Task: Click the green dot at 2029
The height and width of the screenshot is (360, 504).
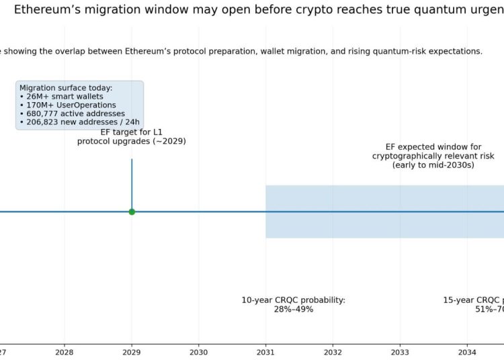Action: coord(132,212)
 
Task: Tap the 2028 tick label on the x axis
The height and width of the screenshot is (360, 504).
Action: coord(65,351)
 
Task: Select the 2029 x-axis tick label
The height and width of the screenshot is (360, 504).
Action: coord(132,351)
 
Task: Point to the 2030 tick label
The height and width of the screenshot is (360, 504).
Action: coord(199,351)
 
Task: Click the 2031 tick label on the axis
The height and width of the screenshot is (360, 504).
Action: coord(266,351)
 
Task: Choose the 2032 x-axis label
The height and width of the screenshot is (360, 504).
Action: coord(333,351)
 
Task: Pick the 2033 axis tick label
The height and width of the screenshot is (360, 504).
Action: coord(401,351)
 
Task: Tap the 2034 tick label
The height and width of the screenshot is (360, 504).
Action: coord(468,351)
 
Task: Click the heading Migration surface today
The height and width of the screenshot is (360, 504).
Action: coord(66,88)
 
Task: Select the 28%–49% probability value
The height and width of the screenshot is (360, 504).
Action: coord(294,310)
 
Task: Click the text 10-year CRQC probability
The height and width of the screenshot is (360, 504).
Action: coord(294,300)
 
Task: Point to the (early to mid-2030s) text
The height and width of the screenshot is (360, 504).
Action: coord(433,165)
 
